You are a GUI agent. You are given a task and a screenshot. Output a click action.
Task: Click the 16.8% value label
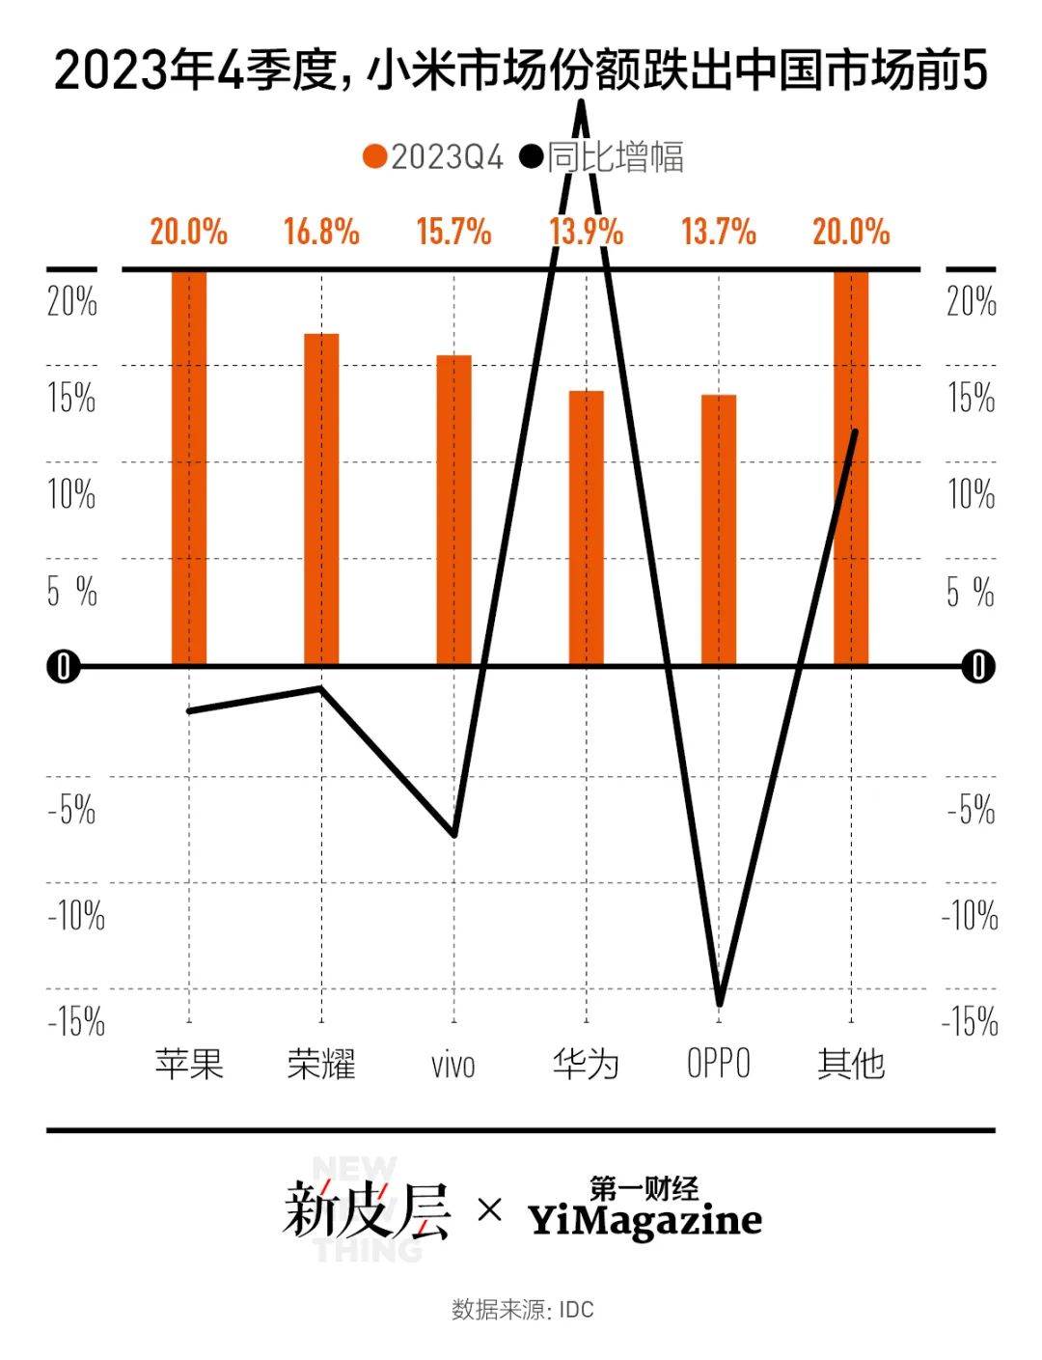321,233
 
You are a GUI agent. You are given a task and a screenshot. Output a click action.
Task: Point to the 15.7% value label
453,233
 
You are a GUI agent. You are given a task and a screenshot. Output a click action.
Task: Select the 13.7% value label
719,233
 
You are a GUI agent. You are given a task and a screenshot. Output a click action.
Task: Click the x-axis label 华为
586,1064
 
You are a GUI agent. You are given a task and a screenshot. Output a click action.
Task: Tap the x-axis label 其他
851,1064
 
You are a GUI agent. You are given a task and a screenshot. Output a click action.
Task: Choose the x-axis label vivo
453,1066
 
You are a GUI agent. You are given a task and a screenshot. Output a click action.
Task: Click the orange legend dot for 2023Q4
375,157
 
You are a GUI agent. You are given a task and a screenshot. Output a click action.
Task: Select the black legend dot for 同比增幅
532,157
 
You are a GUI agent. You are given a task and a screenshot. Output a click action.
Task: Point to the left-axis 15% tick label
72,398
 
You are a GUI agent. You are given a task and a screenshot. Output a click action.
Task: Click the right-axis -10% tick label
971,915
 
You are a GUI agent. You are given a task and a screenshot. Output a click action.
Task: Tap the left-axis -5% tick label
72,809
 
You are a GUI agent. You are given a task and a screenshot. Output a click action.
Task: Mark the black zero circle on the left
64,667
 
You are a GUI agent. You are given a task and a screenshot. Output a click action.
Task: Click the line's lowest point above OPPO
719,1002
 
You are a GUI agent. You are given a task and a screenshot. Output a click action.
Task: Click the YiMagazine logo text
644,1220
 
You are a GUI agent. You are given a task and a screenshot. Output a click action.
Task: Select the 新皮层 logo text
367,1210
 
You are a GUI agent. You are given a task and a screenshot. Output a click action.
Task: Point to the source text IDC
577,1310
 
